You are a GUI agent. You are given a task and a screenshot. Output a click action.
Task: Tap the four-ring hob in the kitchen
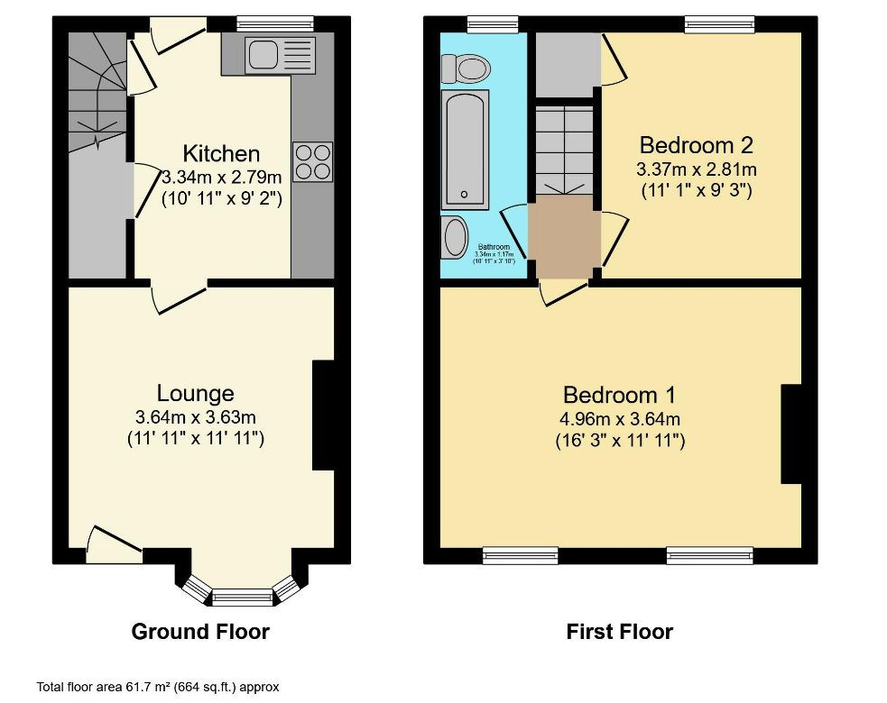click(x=312, y=161)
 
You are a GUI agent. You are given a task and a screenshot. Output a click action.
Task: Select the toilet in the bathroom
click(x=466, y=67)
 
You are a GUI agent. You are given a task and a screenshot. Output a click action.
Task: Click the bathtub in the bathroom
click(x=465, y=150)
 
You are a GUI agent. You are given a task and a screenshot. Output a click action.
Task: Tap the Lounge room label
click(x=195, y=393)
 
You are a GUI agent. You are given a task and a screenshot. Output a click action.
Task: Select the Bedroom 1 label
click(x=619, y=395)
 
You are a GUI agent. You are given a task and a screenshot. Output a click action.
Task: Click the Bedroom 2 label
click(x=696, y=144)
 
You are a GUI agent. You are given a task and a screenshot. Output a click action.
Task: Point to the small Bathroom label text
click(x=494, y=247)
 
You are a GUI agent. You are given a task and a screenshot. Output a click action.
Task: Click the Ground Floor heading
click(x=200, y=631)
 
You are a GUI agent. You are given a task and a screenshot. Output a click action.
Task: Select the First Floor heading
click(x=619, y=631)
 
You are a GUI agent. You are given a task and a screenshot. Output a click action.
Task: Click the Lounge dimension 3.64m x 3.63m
click(x=195, y=417)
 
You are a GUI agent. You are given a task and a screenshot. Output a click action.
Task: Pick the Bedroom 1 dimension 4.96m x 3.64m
click(x=619, y=419)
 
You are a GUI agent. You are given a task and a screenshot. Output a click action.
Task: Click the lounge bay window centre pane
click(x=241, y=596)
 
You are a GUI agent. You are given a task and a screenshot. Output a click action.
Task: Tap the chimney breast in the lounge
click(x=323, y=415)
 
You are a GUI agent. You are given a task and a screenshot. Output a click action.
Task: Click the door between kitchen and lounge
click(x=180, y=295)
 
